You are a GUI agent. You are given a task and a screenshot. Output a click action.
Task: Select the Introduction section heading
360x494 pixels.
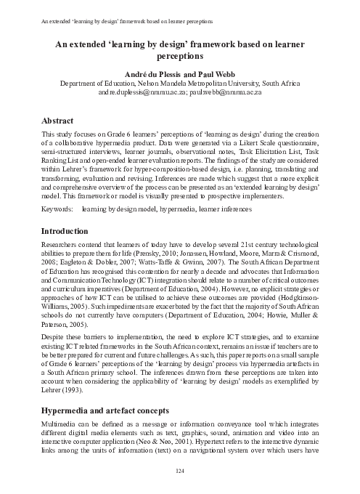pyautogui.click(x=70, y=230)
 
